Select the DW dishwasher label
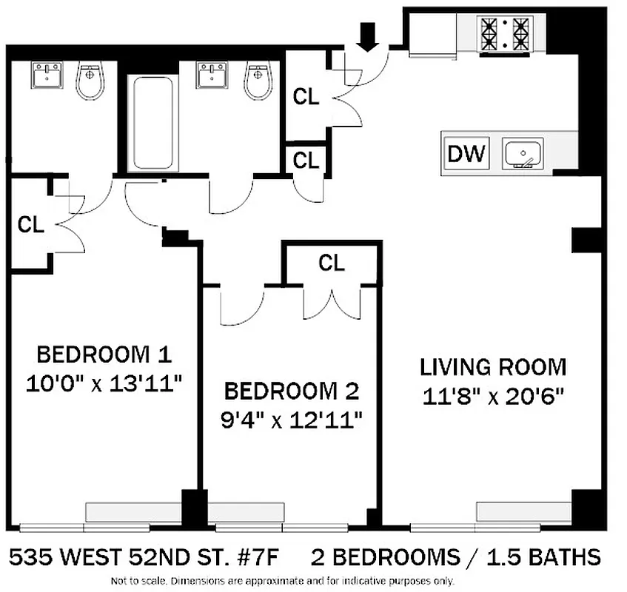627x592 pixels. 467,154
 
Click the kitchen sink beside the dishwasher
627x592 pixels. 523,154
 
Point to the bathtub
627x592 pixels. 154,122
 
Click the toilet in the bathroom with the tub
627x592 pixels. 257,81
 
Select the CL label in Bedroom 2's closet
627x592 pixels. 332,263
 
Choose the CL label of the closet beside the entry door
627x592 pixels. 306,96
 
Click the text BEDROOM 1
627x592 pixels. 104,354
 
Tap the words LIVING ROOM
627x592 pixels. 493,367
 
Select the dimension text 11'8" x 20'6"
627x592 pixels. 493,397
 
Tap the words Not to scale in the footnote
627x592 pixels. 137,581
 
